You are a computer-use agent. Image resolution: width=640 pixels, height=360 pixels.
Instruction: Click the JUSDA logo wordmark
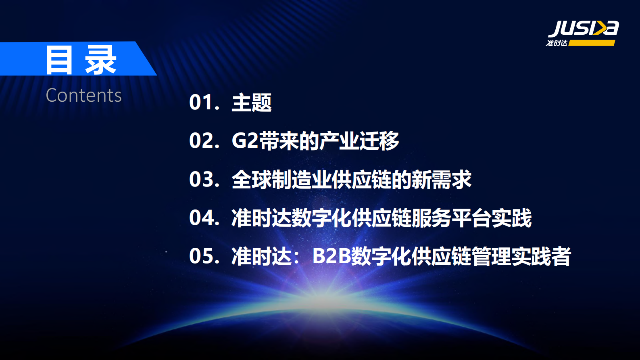(583, 28)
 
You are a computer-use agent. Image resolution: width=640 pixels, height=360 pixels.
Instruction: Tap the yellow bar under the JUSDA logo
(592, 43)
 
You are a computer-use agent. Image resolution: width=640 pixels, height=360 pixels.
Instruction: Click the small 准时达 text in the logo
(557, 43)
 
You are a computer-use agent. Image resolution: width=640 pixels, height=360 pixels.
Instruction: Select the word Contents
(83, 96)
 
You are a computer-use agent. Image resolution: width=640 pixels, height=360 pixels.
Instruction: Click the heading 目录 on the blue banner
(81, 60)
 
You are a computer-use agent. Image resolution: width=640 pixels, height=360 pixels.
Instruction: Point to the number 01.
(202, 103)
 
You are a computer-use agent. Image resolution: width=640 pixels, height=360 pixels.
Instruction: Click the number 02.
(202, 141)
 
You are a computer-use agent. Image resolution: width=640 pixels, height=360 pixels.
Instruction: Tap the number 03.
(202, 180)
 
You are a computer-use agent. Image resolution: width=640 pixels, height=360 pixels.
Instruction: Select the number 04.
(202, 218)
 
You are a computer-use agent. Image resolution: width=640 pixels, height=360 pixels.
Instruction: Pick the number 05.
(202, 256)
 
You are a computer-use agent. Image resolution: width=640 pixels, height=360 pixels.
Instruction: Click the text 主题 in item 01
(252, 103)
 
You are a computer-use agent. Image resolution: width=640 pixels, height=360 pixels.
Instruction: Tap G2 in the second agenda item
(245, 141)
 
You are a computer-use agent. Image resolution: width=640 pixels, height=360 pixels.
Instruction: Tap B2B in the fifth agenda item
(331, 256)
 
